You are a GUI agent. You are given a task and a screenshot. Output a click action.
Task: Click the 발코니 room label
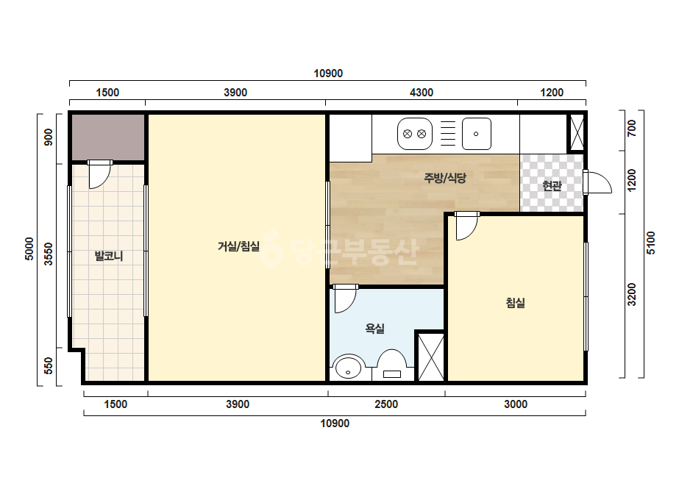(x=109, y=256)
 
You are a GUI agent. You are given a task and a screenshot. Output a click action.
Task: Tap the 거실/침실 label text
(x=238, y=246)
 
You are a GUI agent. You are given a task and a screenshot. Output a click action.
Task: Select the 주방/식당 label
(x=445, y=177)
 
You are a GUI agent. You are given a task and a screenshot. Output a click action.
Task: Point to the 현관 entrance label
(x=552, y=186)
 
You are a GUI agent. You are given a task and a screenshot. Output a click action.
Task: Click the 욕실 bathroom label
(x=375, y=329)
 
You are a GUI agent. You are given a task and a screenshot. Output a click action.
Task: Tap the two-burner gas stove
(x=415, y=134)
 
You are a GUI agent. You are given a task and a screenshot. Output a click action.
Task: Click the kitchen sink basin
(x=477, y=134)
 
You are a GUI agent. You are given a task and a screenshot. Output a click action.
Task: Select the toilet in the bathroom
(x=392, y=365)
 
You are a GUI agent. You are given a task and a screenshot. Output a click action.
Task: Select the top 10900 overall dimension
(x=328, y=74)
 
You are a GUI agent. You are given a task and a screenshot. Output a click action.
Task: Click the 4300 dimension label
(x=422, y=92)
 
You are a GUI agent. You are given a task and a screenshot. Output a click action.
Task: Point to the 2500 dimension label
(x=386, y=404)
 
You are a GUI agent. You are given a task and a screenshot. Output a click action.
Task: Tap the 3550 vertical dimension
(x=49, y=254)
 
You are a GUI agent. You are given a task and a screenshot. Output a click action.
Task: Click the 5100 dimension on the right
(x=650, y=243)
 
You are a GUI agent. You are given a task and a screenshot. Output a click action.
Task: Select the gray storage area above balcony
(x=108, y=137)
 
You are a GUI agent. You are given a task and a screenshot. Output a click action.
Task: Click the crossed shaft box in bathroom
(x=430, y=357)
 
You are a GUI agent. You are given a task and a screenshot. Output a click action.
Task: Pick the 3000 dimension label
(x=515, y=404)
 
